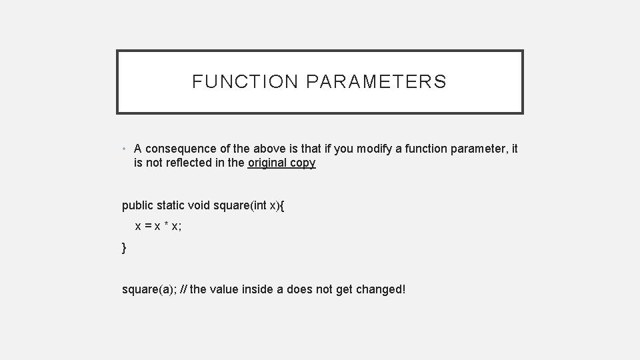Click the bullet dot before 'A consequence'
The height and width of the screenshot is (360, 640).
[125, 149]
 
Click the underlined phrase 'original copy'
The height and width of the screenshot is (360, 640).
[281, 163]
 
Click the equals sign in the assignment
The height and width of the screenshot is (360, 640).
[147, 227]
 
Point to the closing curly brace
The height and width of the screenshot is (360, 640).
[124, 248]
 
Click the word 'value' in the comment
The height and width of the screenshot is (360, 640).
[226, 290]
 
